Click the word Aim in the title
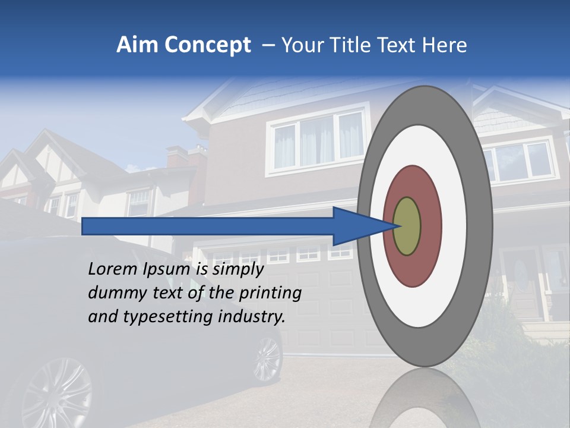pyautogui.click(x=138, y=45)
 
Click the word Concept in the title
pyautogui.click(x=208, y=45)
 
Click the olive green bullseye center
pyautogui.click(x=407, y=226)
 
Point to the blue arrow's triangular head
pyautogui.click(x=356, y=226)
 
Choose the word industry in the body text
pyautogui.click(x=252, y=317)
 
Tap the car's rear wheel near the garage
pyautogui.click(x=267, y=359)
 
